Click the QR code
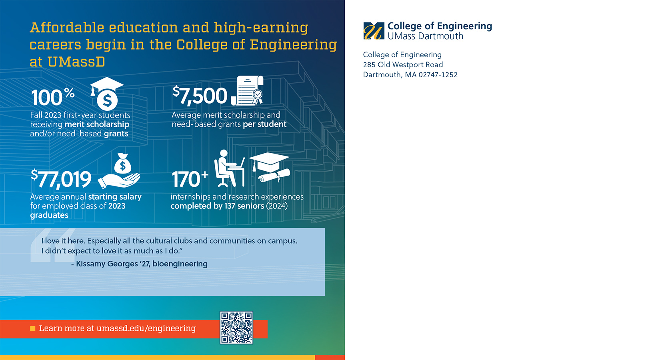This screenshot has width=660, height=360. point(236,327)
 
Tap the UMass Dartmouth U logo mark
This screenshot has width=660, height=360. point(374,31)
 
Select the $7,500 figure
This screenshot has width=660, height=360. point(200,96)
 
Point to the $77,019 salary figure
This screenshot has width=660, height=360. point(61,178)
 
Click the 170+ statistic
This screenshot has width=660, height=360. point(190,179)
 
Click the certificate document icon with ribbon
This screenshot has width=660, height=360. point(248,90)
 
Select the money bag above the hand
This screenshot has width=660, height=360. point(122,164)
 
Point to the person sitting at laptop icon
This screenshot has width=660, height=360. point(229,168)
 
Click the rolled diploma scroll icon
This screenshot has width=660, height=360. point(274,176)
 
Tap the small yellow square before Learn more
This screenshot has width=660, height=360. point(33,328)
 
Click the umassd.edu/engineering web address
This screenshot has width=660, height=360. point(146,328)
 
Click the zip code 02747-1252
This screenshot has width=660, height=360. point(438,75)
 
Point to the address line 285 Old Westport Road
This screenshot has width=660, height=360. point(403,65)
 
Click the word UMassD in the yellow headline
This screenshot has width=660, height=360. point(76,62)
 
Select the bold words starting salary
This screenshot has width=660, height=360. point(115,197)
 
